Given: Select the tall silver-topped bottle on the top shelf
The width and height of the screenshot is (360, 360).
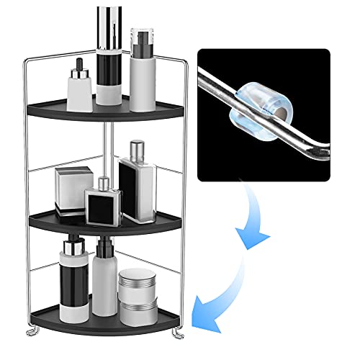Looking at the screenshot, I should coord(112,58).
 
